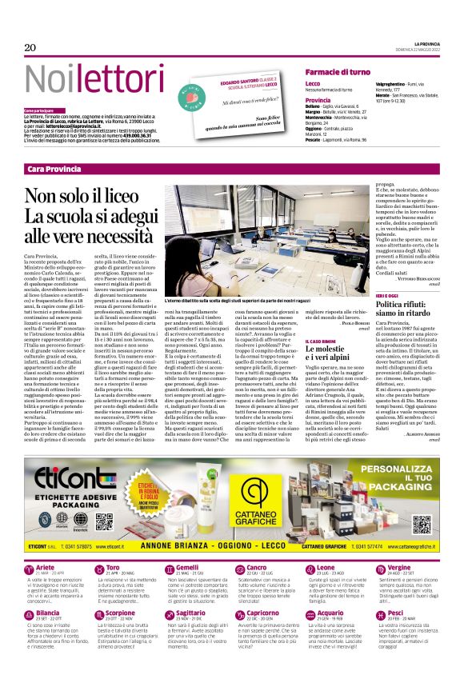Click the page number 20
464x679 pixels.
(30, 48)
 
